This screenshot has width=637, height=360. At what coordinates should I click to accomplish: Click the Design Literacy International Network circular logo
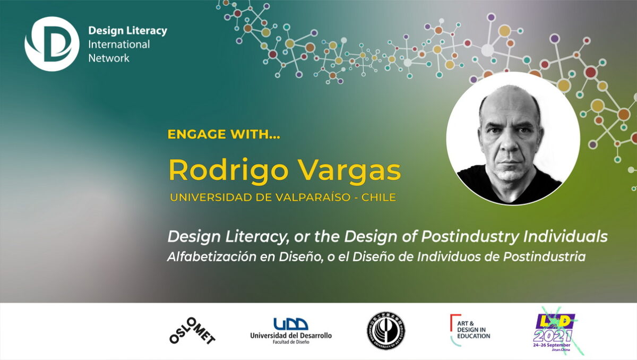click(51, 44)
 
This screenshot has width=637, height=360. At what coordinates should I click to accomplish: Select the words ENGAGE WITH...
click(223, 135)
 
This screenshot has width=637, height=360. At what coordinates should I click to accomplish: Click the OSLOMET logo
click(192, 329)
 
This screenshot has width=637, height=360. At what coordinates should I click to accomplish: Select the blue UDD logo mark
click(290, 323)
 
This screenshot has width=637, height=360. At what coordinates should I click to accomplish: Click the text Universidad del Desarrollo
click(291, 336)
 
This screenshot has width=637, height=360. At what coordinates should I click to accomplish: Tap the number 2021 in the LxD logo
click(553, 336)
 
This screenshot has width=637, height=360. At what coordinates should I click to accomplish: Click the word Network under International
click(109, 58)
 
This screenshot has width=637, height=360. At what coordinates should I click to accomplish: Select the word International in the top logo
click(119, 45)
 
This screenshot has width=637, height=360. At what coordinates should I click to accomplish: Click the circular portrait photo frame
click(512, 138)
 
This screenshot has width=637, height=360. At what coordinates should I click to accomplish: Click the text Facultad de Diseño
click(291, 342)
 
